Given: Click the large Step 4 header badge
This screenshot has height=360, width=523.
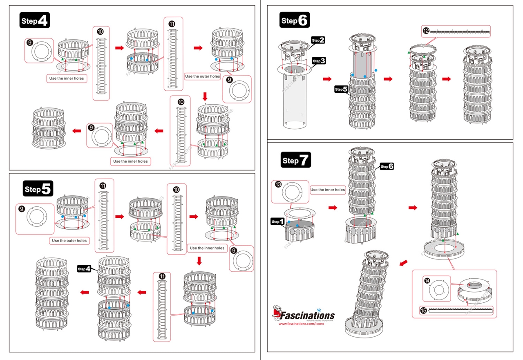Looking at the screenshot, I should tap(35, 20).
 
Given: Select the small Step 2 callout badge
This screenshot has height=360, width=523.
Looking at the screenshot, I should tap(318, 40).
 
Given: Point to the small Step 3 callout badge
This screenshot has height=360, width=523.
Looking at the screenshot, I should tap(319, 61).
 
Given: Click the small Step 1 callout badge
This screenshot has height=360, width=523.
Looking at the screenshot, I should tap(277, 221).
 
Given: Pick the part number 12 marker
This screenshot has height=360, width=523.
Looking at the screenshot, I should tap(426, 31).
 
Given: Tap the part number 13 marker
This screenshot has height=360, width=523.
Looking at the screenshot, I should tap(278, 185).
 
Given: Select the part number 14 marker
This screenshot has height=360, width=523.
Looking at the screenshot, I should tap(427, 281).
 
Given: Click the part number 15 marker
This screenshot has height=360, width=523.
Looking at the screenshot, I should tap(423, 311).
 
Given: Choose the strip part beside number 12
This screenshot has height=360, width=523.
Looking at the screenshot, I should tap(460, 31).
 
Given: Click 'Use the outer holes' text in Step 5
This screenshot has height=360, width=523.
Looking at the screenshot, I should tap(69, 241).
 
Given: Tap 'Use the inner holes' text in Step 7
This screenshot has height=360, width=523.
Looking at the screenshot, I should tap(328, 190).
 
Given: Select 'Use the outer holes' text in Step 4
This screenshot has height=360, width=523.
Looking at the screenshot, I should tap(202, 76).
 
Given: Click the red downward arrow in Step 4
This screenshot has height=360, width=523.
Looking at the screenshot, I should tap(205, 96).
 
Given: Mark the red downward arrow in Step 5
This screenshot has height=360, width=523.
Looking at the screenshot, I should tap(199, 260).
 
